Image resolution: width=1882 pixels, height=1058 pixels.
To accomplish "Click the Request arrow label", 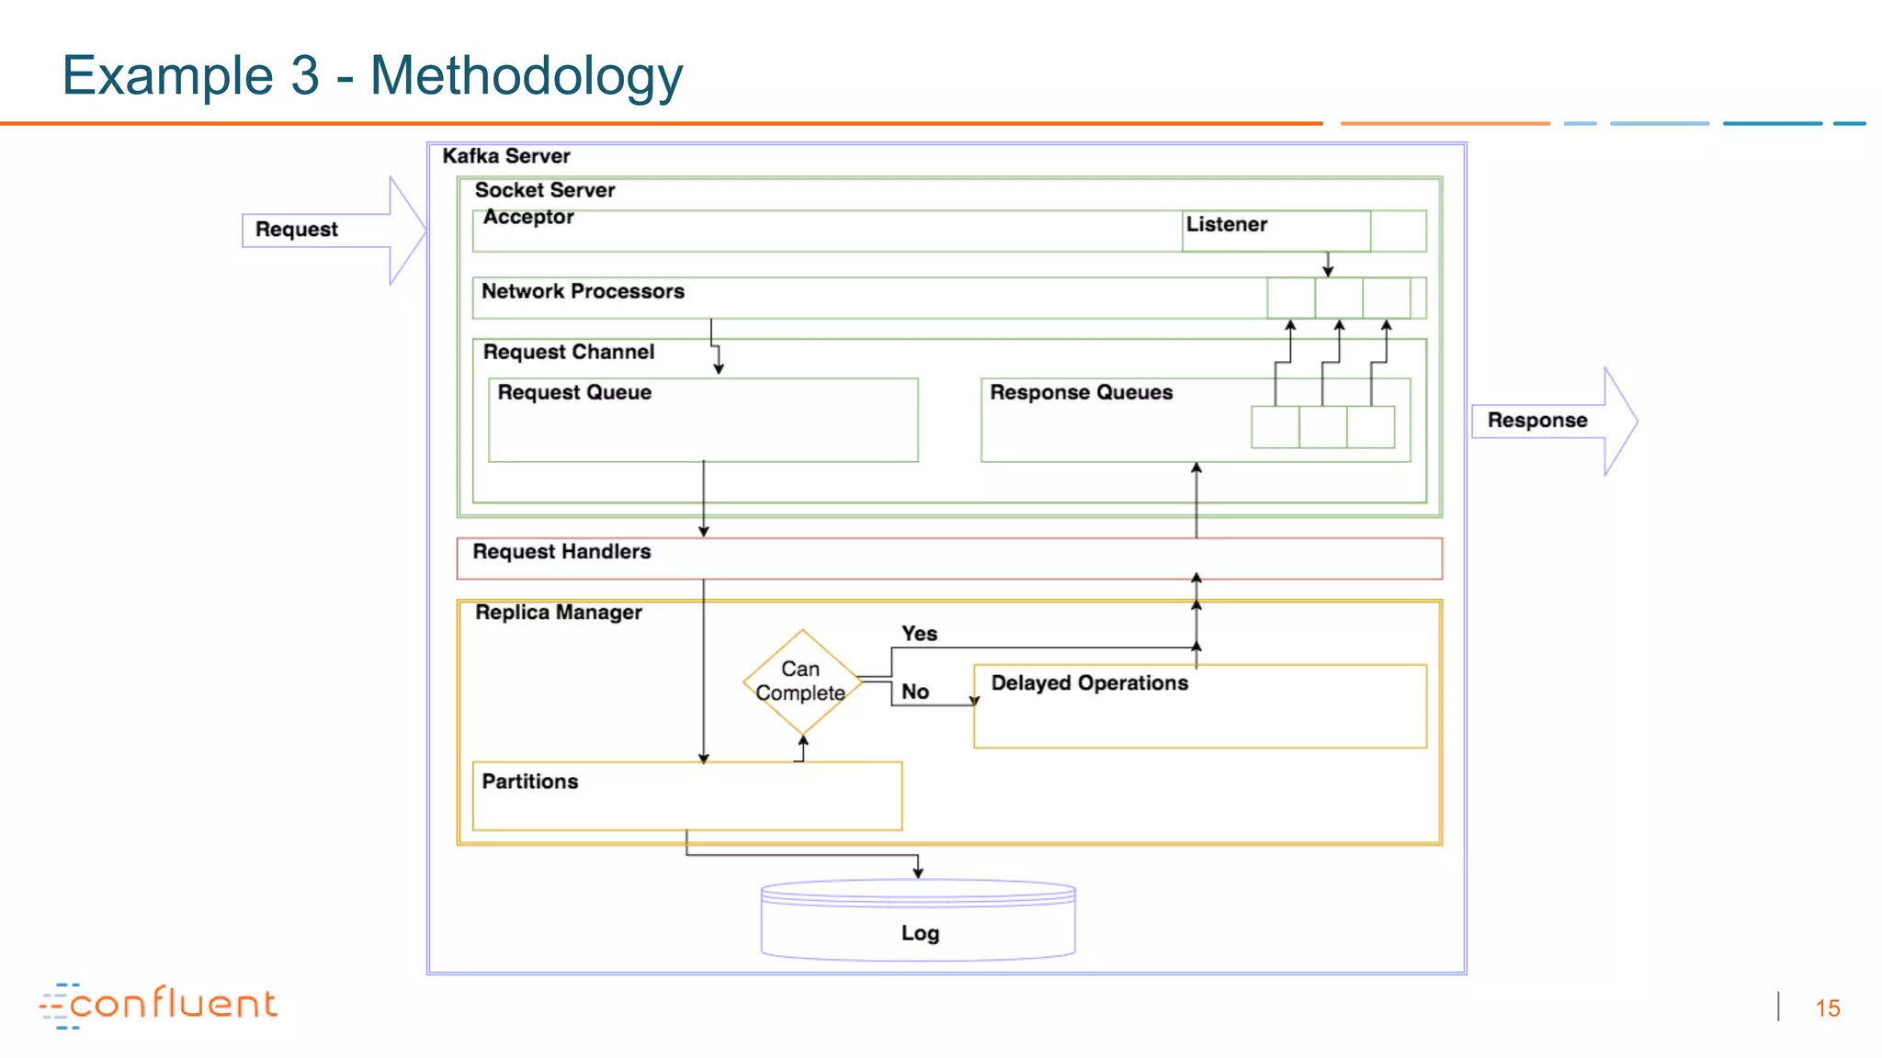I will click(296, 230).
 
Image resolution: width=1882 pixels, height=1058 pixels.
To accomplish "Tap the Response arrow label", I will click(1536, 421).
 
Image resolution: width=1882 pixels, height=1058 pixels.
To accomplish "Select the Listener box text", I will click(1226, 225).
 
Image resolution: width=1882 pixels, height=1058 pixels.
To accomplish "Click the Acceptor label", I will click(528, 218).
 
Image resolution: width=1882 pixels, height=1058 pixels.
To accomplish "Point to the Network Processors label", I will click(583, 292).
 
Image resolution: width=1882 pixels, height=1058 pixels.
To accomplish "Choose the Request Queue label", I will click(574, 393).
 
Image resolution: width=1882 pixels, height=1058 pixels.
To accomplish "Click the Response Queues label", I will click(1081, 393).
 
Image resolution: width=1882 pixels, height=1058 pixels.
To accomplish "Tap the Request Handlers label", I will click(561, 552).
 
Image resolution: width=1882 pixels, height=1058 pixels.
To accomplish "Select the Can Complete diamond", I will click(801, 681).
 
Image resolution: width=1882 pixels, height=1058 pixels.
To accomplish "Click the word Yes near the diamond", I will click(919, 634).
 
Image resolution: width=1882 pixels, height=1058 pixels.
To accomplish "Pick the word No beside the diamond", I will click(914, 692).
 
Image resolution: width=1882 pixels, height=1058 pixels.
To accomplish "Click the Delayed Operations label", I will click(1089, 683).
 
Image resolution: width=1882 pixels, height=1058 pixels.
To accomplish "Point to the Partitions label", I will click(530, 782).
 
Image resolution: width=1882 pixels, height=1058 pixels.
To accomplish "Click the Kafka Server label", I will click(506, 156).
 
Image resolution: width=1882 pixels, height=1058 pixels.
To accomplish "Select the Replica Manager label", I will click(558, 613).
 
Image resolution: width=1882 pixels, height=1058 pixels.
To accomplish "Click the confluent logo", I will click(158, 1005).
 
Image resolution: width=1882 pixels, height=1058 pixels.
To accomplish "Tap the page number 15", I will click(1827, 1008).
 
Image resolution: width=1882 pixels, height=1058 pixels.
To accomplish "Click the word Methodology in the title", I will click(526, 75).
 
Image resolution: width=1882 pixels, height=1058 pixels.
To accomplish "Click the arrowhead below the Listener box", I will click(1328, 271).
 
